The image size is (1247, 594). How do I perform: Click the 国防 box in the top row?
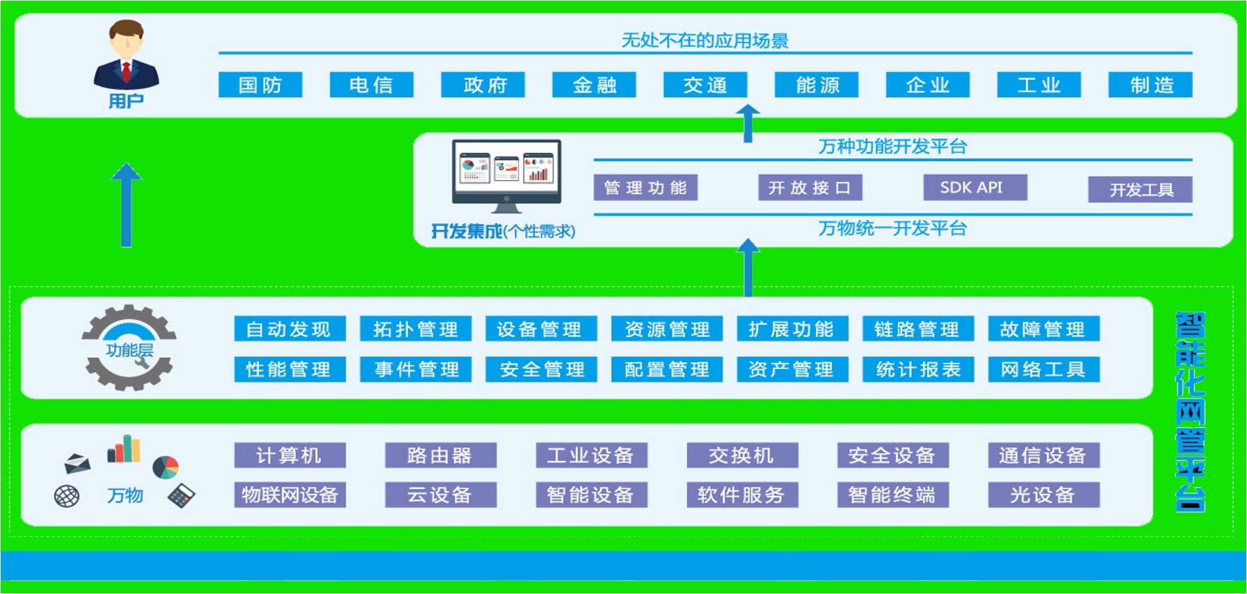(260, 85)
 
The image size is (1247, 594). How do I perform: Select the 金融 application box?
(594, 85)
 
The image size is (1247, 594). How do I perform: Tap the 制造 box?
(1150, 85)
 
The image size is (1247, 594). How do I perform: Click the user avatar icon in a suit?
(127, 56)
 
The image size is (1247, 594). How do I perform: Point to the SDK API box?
(975, 188)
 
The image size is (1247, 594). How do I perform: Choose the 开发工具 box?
(1140, 190)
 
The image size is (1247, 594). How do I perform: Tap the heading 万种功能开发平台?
(892, 146)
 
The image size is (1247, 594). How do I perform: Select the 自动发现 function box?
(290, 329)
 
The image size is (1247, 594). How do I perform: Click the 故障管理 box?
(1043, 329)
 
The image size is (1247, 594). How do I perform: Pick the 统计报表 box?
(918, 369)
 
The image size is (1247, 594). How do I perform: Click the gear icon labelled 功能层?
(129, 347)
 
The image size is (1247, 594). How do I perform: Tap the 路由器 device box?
(440, 455)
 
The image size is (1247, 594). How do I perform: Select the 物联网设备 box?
(290, 495)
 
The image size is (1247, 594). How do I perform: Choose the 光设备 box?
(1043, 495)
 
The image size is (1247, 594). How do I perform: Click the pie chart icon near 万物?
(166, 467)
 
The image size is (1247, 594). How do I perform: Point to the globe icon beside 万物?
(67, 496)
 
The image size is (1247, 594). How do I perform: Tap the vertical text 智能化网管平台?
(1190, 411)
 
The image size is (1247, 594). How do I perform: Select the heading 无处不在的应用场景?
(705, 41)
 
